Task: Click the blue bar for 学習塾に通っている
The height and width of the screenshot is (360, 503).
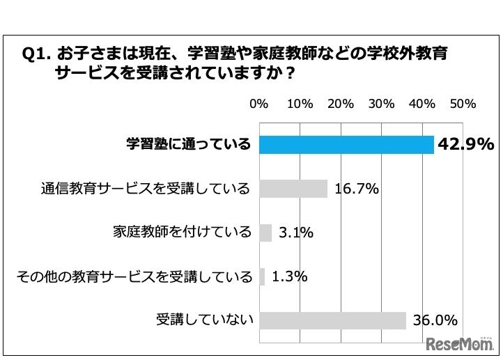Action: click(346, 144)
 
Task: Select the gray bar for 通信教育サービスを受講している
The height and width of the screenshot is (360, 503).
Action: click(293, 189)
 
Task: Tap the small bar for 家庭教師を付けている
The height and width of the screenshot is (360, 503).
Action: click(265, 233)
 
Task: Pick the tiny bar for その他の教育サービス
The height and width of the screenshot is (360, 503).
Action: click(262, 276)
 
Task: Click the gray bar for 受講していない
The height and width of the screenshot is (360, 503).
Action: click(332, 320)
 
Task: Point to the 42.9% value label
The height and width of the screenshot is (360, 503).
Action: click(465, 144)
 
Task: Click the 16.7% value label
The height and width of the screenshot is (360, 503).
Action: click(356, 189)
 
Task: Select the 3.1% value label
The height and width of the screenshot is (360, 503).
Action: click(295, 233)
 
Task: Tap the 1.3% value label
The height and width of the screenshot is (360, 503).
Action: click(289, 276)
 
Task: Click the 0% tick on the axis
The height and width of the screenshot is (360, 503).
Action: click(258, 104)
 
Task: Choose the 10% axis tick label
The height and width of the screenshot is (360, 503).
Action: click(300, 104)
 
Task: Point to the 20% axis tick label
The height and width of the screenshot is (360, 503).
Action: click(341, 104)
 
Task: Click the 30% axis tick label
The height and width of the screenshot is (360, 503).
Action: click(381, 104)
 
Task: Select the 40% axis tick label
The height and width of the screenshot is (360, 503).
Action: click(422, 104)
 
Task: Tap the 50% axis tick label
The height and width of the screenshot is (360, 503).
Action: click(463, 104)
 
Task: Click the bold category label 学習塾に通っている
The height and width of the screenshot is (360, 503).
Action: click(188, 144)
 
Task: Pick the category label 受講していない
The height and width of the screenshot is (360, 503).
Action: click(204, 320)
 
